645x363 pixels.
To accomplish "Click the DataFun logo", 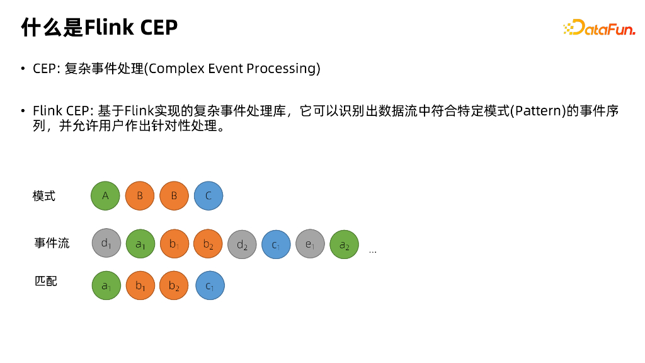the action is (599, 28).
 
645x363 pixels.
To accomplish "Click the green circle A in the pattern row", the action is (105, 196).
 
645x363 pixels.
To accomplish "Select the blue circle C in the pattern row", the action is (208, 196).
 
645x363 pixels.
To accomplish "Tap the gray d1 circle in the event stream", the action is (106, 243).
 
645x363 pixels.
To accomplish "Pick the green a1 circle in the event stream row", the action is (140, 245).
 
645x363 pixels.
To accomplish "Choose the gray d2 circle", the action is (242, 245).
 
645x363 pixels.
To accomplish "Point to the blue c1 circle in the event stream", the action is (276, 245).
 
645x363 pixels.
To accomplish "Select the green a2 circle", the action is (344, 245).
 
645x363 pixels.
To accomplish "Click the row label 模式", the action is (44, 196).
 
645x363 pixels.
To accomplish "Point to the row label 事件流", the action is (52, 243).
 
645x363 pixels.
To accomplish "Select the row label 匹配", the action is (45, 281).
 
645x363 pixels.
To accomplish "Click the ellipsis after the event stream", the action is (373, 251).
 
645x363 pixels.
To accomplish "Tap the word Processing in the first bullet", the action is (281, 68).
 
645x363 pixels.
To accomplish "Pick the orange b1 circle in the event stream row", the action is (174, 245).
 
